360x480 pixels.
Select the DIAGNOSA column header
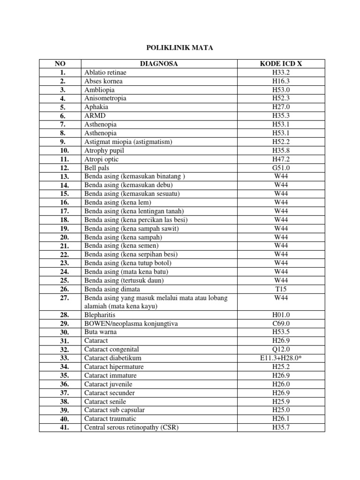159,64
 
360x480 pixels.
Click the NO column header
60,64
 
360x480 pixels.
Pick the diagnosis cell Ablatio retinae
105,73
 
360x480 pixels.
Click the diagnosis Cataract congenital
112,350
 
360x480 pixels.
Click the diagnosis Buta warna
101,332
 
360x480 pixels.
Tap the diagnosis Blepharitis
100,315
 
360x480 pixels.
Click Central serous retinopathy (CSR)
132,427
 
